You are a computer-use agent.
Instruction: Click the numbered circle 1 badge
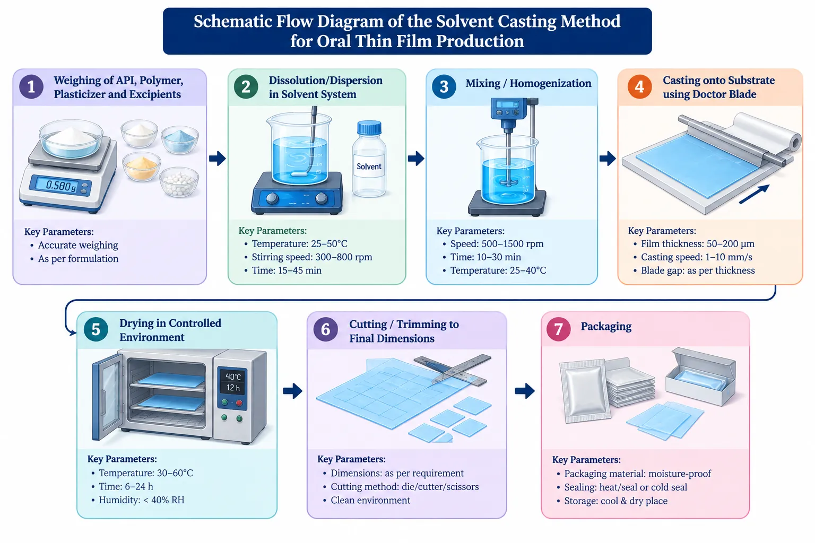(x=31, y=87)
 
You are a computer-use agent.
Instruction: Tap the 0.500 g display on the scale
(x=60, y=186)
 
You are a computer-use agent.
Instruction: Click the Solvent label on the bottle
(x=369, y=167)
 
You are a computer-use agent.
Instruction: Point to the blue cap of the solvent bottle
(x=369, y=128)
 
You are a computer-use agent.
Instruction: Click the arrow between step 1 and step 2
(x=217, y=159)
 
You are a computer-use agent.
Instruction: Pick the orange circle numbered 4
(x=639, y=87)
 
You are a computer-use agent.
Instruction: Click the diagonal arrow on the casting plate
(x=754, y=194)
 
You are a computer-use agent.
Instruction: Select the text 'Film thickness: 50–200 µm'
(x=698, y=244)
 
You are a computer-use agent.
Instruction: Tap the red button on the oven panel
(x=239, y=403)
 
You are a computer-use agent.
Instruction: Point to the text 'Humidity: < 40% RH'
(x=142, y=500)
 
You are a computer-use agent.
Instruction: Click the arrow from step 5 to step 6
(x=292, y=391)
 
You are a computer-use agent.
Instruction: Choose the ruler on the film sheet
(x=453, y=370)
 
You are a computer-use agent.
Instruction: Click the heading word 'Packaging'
(x=606, y=327)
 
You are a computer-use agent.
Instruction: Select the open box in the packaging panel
(x=701, y=377)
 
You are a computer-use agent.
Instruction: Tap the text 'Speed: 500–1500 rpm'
(x=497, y=244)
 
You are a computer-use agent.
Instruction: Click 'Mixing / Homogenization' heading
(x=528, y=83)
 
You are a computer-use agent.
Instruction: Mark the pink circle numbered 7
(x=558, y=329)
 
